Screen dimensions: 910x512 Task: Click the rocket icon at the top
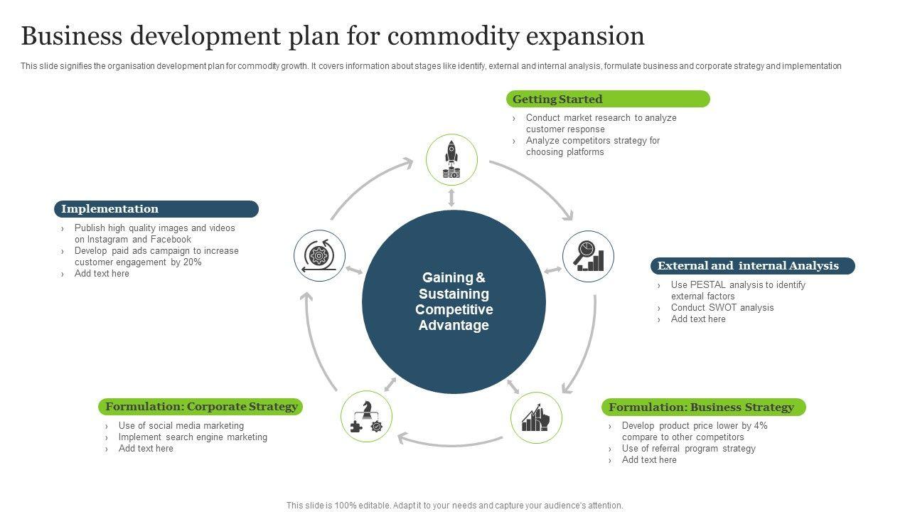pyautogui.click(x=451, y=159)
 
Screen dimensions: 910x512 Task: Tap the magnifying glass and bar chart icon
pyautogui.click(x=588, y=256)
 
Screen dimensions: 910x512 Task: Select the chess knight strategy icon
pyautogui.click(x=366, y=417)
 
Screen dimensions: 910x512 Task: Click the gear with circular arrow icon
pyautogui.click(x=319, y=256)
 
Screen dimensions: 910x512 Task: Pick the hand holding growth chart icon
pyautogui.click(x=536, y=417)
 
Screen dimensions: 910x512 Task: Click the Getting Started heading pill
pyautogui.click(x=607, y=100)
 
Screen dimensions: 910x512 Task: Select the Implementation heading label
pyautogui.click(x=156, y=209)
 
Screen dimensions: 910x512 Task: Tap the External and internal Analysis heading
pyautogui.click(x=752, y=266)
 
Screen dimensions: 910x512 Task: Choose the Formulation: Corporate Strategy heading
pyautogui.click(x=201, y=407)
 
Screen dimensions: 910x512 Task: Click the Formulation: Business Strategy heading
pyautogui.click(x=703, y=407)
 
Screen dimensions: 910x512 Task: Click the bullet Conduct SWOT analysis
pyautogui.click(x=722, y=308)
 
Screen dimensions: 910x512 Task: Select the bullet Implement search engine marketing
pyautogui.click(x=193, y=437)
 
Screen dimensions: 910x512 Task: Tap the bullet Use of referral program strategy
pyautogui.click(x=688, y=449)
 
